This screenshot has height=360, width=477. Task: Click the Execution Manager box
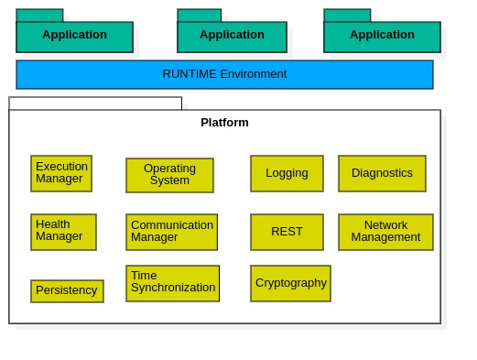point(61,173)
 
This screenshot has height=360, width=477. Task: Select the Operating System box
point(169,175)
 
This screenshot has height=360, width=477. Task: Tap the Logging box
point(287,173)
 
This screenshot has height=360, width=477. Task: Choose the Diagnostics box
point(382,173)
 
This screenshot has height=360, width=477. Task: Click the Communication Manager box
point(171,232)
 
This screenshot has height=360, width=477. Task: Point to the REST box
point(287,232)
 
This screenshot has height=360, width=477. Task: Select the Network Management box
point(385,232)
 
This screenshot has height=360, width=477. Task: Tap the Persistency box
point(67,290)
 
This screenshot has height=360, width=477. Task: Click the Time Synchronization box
point(172,283)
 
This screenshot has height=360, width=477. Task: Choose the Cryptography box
point(290,283)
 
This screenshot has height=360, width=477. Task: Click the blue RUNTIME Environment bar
point(224,74)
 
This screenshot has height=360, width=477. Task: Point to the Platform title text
point(224,123)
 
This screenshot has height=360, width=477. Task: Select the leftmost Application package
point(74,37)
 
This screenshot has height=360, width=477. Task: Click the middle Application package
point(232,37)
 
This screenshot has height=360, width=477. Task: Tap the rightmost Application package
point(382,37)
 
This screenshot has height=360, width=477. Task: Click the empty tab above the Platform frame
point(95,103)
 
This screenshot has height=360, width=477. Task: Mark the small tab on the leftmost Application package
point(39,16)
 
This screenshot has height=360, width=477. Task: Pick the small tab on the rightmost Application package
point(347,16)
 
